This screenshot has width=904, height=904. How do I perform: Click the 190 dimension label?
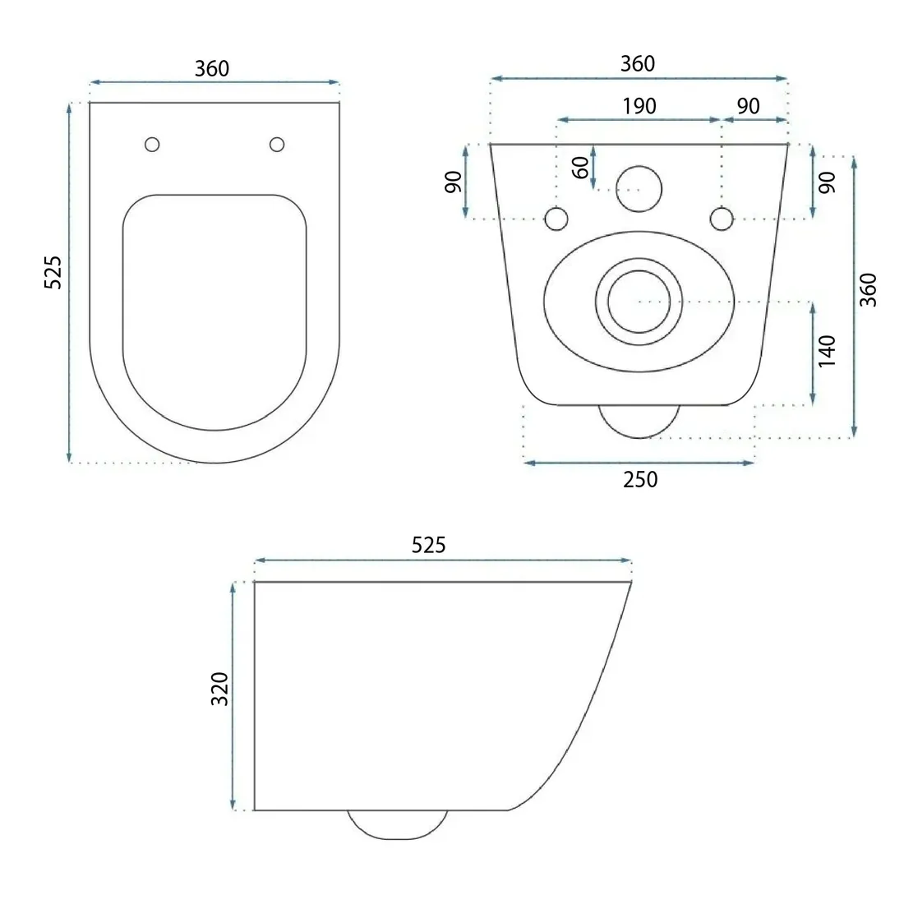click(639, 106)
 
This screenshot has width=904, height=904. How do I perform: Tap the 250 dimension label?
click(640, 480)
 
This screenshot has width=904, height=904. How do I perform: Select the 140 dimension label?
click(827, 351)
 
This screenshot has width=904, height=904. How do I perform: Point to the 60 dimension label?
click(581, 168)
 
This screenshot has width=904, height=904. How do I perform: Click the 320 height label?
click(219, 689)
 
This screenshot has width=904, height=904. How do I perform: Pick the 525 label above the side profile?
click(428, 545)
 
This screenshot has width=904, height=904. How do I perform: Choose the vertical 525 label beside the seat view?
click(53, 272)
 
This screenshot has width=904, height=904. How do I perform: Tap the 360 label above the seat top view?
click(211, 68)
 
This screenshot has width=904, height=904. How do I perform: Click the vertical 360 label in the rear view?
click(868, 290)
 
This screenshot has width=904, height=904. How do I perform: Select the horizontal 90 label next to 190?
click(748, 106)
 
